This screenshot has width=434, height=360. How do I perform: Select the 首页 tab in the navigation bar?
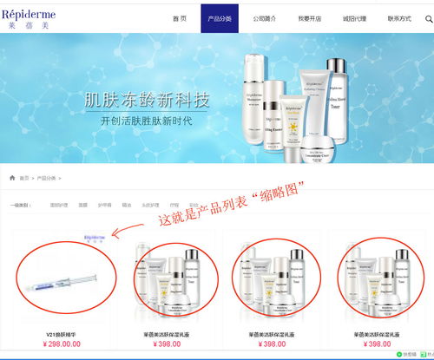[180, 18]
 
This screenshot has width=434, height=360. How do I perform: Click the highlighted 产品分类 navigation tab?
[220, 18]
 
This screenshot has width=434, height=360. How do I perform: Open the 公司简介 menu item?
[266, 18]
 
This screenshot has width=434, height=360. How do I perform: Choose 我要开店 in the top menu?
[310, 18]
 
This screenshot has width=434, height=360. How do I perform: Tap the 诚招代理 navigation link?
[354, 18]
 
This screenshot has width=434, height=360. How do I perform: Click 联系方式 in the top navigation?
[398, 18]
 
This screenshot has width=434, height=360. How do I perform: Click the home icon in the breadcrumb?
[12, 177]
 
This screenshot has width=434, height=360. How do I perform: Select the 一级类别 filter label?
[22, 206]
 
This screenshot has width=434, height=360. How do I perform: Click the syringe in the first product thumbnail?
[62, 283]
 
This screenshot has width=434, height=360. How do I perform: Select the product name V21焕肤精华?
[62, 333]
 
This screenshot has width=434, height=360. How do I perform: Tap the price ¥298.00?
[62, 344]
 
